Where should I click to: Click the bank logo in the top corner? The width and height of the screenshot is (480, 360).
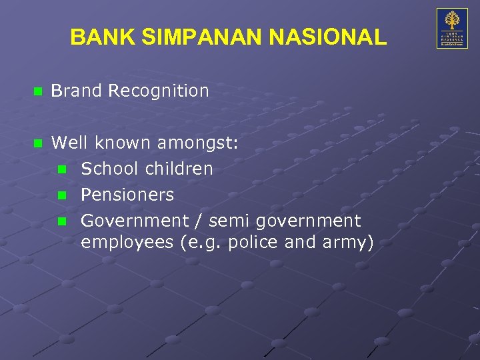[x=451, y=28]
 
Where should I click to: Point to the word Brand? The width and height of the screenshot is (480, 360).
[x=76, y=91]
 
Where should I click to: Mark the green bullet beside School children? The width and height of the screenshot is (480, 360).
[x=62, y=169]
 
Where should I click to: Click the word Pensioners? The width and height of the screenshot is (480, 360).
[x=127, y=195]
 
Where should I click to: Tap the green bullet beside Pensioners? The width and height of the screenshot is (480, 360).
[x=62, y=195]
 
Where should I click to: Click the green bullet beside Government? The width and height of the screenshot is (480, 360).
[x=62, y=221]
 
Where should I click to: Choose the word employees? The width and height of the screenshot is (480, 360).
[x=128, y=242]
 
